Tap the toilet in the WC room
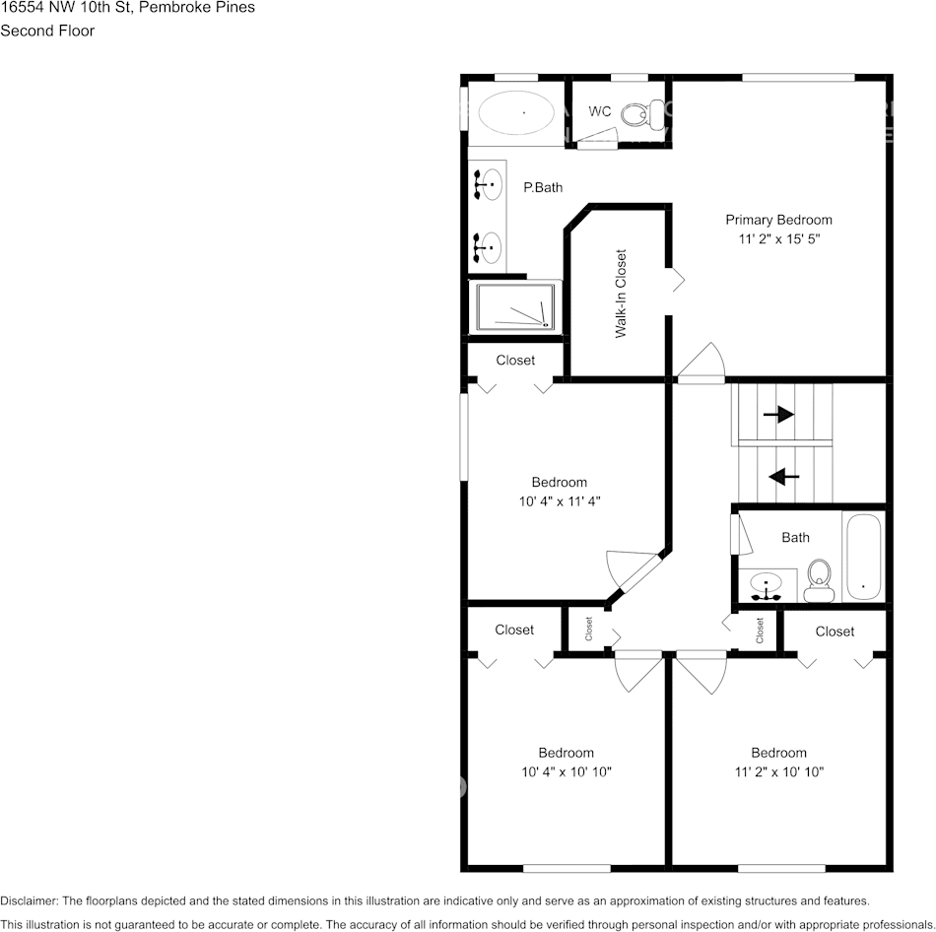[x=641, y=114]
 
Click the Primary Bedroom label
[x=778, y=220]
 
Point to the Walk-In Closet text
[x=621, y=294]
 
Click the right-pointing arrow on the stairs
[x=778, y=415]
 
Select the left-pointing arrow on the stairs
[x=783, y=477]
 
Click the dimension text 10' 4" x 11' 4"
[x=560, y=500]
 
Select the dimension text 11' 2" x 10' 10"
[x=778, y=771]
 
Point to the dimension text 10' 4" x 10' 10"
[x=566, y=771]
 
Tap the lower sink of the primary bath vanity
[x=489, y=245]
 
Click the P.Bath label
[x=543, y=187]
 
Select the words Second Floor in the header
[x=47, y=31]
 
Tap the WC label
[x=600, y=111]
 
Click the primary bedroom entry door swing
[x=704, y=362]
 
